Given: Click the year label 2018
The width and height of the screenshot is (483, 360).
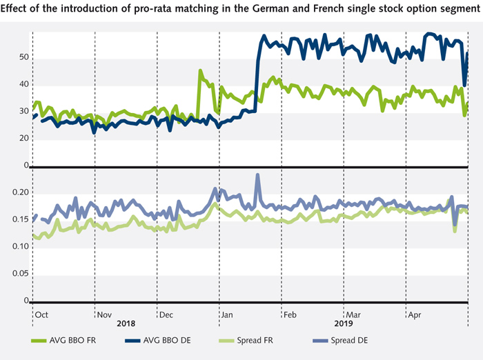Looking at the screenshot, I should [126, 323].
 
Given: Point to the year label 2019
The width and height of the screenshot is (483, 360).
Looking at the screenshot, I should [344, 323].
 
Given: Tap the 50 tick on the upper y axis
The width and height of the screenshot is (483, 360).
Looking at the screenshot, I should [23, 57].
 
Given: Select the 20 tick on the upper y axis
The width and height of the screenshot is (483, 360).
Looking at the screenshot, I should [23, 138].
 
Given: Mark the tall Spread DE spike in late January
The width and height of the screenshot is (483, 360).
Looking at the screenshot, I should [258, 176].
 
